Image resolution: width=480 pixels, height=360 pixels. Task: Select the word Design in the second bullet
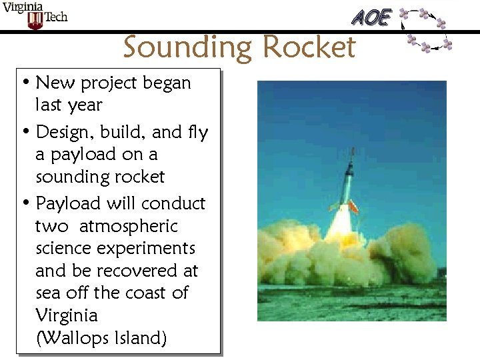(x=62, y=133)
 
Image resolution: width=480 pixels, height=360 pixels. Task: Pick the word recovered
(x=136, y=271)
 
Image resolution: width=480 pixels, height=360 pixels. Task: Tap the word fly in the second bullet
(x=198, y=133)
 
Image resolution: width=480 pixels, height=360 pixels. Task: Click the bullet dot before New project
(x=25, y=83)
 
